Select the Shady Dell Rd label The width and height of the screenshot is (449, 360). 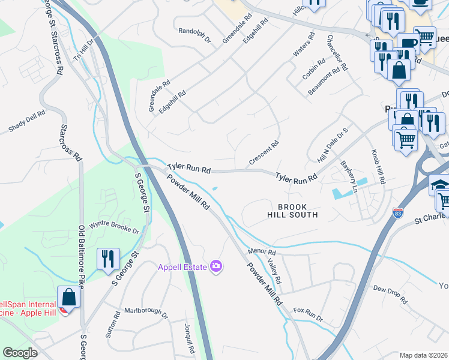point(26,121)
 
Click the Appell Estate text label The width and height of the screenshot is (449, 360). point(182,267)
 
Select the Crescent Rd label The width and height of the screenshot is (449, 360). point(264,153)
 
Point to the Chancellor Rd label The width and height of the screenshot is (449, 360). point(337,52)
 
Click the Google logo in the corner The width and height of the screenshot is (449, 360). point(20,353)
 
